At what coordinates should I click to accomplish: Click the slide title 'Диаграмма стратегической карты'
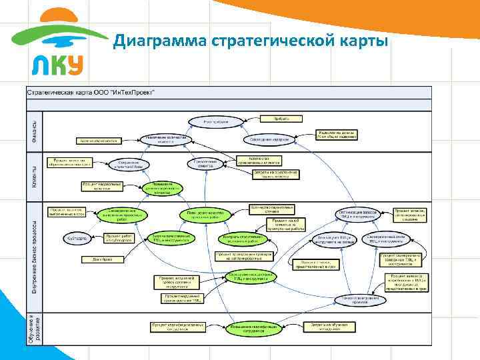[x=250, y=42]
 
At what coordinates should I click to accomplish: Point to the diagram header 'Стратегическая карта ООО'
[x=91, y=92]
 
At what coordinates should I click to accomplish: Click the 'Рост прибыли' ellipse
[x=216, y=121]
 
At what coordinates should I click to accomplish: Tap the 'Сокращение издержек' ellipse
[x=269, y=139]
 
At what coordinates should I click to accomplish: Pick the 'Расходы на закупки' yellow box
[x=336, y=134]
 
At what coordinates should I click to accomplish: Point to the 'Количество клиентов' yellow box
[x=100, y=141]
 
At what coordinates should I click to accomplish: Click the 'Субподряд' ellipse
[x=74, y=238]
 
